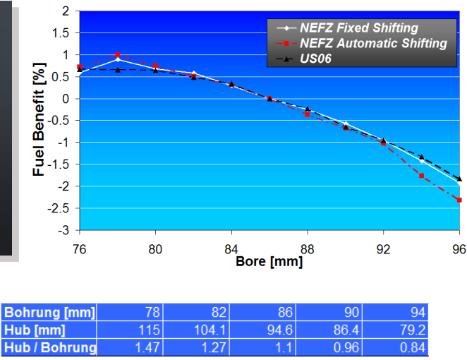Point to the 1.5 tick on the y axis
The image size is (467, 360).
[65, 33]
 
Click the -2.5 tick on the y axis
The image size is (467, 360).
[62, 208]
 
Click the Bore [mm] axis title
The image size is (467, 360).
[269, 262]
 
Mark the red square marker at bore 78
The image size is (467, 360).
[118, 55]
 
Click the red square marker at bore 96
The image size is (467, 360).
[459, 200]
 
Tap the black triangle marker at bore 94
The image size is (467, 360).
[421, 157]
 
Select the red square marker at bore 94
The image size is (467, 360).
[421, 175]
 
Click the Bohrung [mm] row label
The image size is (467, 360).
[49, 312]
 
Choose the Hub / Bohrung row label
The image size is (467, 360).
[49, 347]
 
